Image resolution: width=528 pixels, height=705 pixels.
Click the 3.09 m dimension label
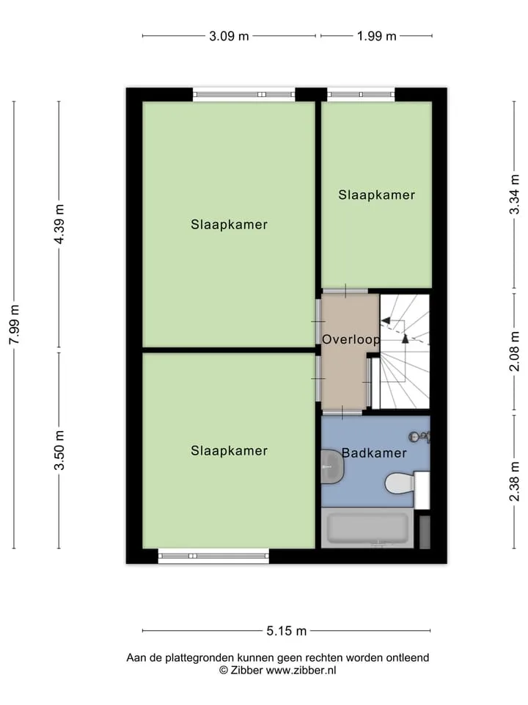pos(229,36)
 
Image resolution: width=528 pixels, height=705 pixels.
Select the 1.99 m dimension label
pos(377,36)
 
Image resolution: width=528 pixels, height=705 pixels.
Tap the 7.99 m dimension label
pos(15,325)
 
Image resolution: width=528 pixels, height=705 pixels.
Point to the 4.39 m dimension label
pos(59,224)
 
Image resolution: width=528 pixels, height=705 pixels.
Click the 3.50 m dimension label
pos(59,450)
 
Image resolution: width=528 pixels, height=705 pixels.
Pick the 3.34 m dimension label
pos(515,195)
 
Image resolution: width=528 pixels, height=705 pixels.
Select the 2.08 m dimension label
pos(515,351)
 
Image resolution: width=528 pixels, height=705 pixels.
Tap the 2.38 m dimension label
pos(515,482)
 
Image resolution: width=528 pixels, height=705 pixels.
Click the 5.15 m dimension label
pos(287,631)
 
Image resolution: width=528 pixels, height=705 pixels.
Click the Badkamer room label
pos(375,453)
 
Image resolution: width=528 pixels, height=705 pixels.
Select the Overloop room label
pos(351,339)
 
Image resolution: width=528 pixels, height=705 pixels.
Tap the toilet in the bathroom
pos(400,483)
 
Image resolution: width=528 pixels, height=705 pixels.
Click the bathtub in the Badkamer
pos(367,528)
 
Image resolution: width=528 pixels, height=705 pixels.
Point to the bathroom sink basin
pos(333,467)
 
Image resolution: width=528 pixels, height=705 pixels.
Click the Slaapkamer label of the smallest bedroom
pos(377,195)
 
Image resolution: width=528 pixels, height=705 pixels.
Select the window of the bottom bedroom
pos(213,556)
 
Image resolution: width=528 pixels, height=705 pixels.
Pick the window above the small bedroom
pos(361,95)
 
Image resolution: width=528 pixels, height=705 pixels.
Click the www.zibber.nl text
pos(301,670)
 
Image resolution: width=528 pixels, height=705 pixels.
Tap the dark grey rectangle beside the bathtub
pos(425,532)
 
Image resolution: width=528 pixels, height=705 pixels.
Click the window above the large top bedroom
pos(244,95)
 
